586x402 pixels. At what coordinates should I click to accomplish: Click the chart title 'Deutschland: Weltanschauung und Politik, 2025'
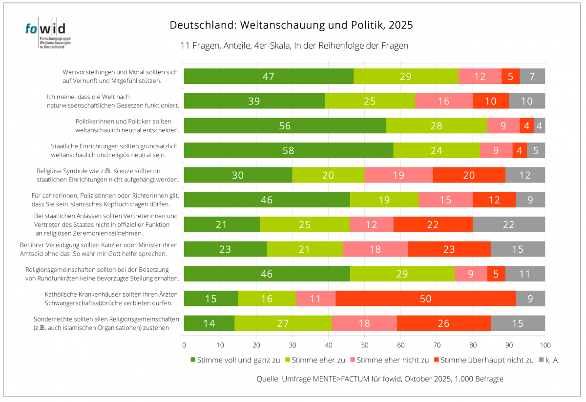291,25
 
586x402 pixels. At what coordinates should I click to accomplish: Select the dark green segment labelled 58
288,150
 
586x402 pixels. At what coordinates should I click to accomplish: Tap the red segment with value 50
425,299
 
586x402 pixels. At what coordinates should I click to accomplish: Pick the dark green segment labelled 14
209,323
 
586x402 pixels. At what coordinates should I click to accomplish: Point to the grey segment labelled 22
508,224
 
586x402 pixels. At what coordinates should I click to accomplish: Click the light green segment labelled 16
267,299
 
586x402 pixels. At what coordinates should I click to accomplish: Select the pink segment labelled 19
398,175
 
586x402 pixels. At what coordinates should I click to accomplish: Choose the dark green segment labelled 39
254,101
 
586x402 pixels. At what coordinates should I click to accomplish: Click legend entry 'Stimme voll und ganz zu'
234,360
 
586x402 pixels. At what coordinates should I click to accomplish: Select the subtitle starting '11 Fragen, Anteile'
294,46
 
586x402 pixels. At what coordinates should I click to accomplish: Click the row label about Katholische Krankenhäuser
111,299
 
